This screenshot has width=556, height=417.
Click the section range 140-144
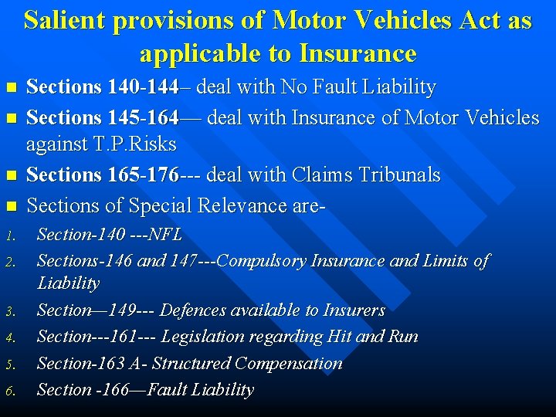pos(146,87)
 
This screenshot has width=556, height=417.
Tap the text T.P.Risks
pos(101,144)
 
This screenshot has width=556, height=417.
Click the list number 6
pos(12,391)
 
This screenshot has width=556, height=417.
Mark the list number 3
pos(12,311)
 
